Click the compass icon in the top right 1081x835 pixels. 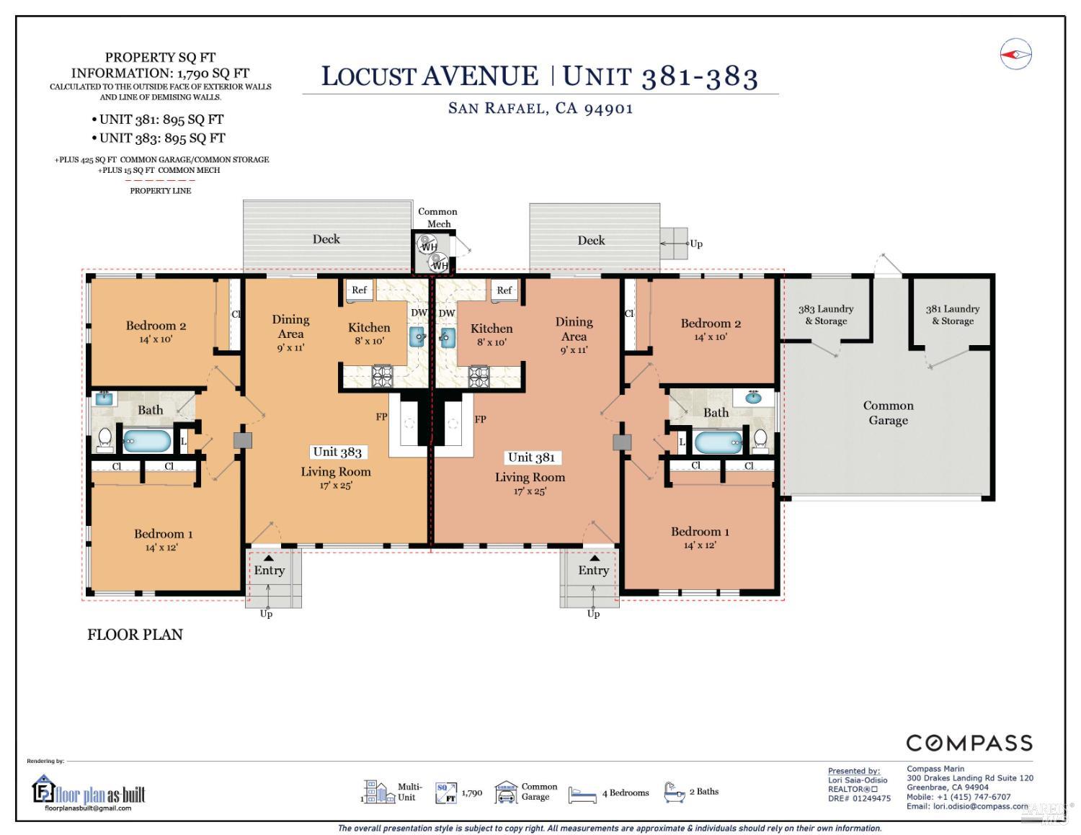1016,54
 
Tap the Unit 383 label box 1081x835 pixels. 337,452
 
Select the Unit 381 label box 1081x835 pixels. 531,457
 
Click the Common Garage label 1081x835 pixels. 888,413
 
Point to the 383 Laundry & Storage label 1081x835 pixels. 826,315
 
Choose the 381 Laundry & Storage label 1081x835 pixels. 953,315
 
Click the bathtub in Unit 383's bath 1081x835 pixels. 147,440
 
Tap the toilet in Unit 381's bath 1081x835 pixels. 760,438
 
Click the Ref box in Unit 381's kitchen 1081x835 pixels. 504,290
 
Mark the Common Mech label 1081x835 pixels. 437,217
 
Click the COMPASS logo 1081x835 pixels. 969,743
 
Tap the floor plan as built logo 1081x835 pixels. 89,792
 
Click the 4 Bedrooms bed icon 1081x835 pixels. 582,794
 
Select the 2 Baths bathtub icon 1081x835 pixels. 674,792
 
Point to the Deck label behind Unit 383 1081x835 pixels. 326,239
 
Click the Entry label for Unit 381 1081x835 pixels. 593,571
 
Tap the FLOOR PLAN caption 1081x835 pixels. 135,635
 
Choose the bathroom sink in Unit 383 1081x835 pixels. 104,398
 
